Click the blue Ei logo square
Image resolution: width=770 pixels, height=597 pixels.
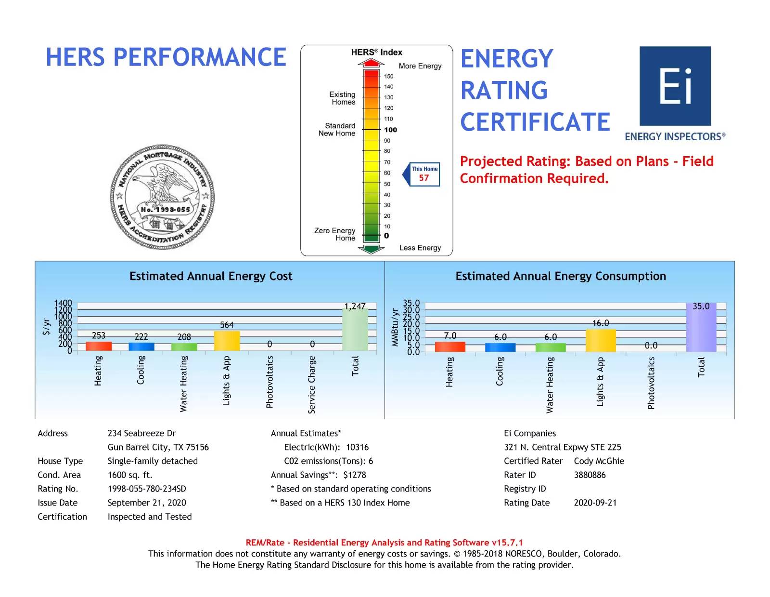(675, 86)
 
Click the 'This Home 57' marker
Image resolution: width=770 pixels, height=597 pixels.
(424, 174)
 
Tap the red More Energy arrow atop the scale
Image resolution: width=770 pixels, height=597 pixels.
(371, 63)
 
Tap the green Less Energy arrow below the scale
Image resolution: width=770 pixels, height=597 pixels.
(371, 249)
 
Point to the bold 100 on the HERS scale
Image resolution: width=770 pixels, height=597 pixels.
(390, 130)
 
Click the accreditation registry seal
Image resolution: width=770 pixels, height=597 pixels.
(162, 197)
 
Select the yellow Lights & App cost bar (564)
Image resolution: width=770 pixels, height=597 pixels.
(227, 341)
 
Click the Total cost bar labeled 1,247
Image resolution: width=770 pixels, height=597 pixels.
(355, 329)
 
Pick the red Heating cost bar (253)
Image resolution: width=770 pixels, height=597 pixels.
(99, 345)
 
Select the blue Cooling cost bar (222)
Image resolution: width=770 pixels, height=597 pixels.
(141, 346)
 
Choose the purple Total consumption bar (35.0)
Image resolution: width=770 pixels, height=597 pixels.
(701, 328)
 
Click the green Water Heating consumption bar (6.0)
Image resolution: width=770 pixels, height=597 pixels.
(551, 347)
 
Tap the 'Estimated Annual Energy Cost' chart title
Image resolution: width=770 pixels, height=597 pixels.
(211, 276)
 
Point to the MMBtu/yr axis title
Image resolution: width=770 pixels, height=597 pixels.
(395, 327)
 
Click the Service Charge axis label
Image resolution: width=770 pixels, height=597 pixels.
(312, 385)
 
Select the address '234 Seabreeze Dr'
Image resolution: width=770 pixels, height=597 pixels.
(141, 433)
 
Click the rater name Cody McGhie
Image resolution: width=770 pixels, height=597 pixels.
(599, 461)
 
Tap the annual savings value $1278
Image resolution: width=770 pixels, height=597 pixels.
(355, 475)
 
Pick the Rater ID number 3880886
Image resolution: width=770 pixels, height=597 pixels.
(590, 475)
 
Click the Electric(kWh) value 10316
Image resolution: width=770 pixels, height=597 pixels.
(357, 447)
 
